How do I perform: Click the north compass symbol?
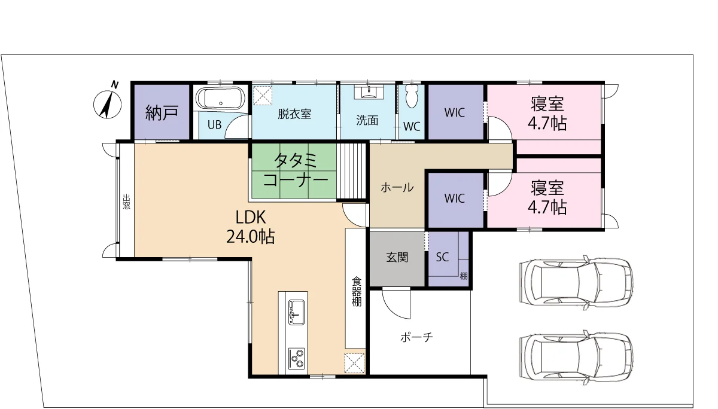[x=108, y=103]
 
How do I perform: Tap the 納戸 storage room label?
[x=162, y=113]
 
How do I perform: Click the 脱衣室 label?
[x=294, y=114]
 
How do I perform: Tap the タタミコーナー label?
[x=296, y=170]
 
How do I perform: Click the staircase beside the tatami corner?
[x=351, y=172]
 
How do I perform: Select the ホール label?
[x=397, y=188]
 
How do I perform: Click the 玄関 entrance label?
[x=397, y=257]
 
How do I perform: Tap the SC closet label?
[x=442, y=257]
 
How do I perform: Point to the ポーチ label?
[x=416, y=337]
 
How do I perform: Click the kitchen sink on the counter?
[x=297, y=312]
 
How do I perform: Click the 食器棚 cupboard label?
[x=357, y=291]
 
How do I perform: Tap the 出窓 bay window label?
[x=127, y=202]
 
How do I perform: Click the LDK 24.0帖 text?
[x=250, y=227]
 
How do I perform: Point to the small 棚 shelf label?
[x=464, y=276]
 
